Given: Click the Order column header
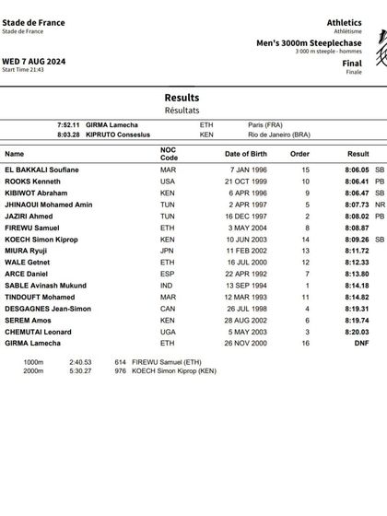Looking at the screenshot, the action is [300, 154].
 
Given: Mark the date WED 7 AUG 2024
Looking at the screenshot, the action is [29, 60].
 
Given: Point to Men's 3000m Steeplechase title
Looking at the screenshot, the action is [309, 42].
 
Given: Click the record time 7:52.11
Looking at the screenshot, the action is [69, 124].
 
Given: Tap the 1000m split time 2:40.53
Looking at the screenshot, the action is [80, 361].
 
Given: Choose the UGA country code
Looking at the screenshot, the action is [167, 332].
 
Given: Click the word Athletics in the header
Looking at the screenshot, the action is [344, 22].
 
